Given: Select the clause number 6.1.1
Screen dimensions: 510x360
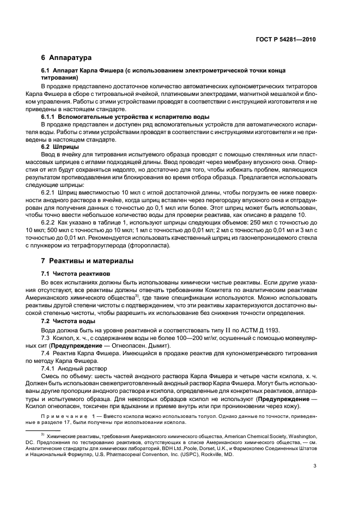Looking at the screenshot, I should (51, 117).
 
